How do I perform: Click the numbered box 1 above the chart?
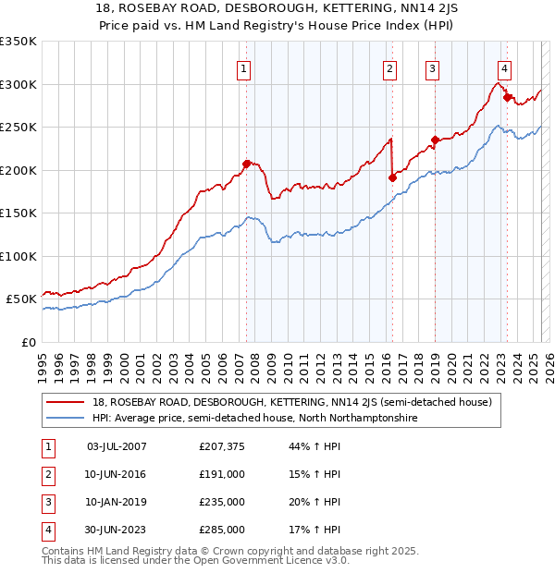tap(243, 68)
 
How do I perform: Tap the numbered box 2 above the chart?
tap(390, 68)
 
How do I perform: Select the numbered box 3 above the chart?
tap(432, 68)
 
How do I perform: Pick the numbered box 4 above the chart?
tap(505, 68)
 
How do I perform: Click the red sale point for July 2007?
tap(247, 164)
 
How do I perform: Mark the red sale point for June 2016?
tap(392, 177)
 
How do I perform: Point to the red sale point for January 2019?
tap(435, 140)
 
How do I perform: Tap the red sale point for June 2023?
tap(507, 97)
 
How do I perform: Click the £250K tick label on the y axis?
tap(18, 127)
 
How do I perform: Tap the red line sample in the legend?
tap(67, 402)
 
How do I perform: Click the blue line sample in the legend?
tap(67, 418)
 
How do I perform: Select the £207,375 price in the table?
tap(222, 446)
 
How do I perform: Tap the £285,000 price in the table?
tap(222, 530)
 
